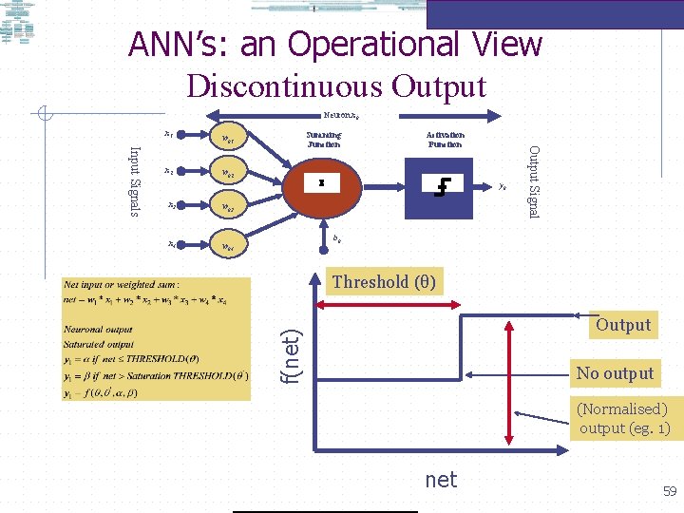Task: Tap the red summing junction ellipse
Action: [x=322, y=184]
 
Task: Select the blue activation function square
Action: [x=439, y=184]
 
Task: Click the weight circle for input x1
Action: [x=228, y=139]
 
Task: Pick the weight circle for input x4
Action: [x=228, y=247]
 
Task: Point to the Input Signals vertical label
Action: [x=135, y=180]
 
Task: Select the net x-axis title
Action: [x=441, y=480]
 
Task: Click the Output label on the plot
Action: [x=623, y=325]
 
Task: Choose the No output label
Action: [x=615, y=373]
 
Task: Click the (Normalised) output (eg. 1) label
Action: [x=624, y=419]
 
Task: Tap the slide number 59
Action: [x=669, y=492]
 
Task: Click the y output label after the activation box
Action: [x=503, y=186]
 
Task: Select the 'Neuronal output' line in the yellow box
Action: [x=98, y=329]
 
